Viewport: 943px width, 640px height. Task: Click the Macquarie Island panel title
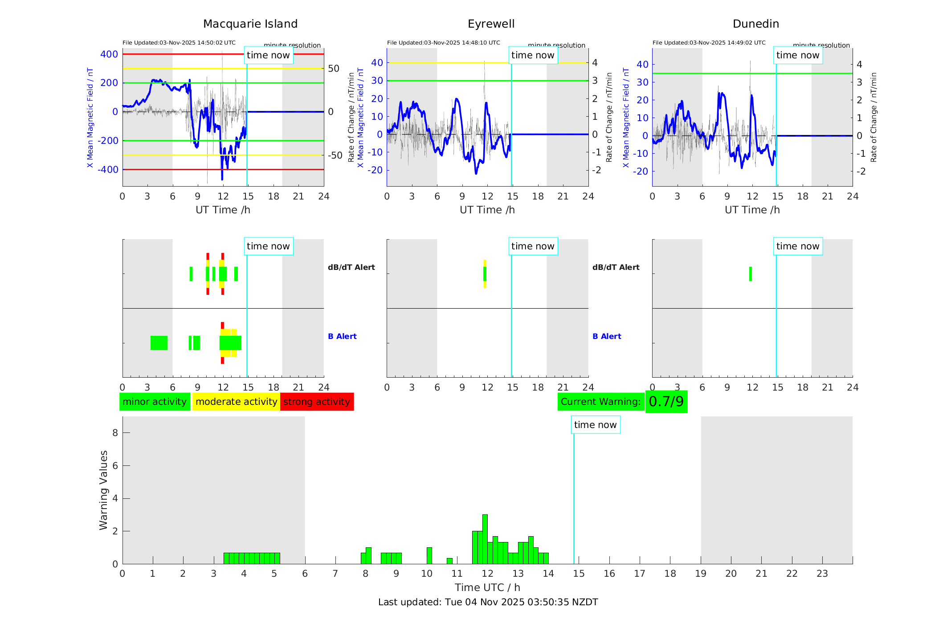click(250, 24)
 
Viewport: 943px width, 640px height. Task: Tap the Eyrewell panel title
click(491, 24)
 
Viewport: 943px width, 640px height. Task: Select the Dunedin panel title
click(755, 24)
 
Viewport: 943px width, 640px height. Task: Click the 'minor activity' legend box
click(155, 402)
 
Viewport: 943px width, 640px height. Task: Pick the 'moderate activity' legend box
click(236, 402)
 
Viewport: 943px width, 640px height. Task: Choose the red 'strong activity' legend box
click(317, 402)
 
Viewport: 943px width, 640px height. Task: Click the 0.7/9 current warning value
click(666, 402)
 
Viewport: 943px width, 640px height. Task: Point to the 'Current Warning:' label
click(600, 402)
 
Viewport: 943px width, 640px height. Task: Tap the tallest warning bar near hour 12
click(485, 539)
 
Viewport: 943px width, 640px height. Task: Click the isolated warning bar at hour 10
click(429, 556)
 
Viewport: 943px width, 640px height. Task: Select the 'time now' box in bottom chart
click(595, 425)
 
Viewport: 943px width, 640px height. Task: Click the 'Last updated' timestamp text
click(488, 602)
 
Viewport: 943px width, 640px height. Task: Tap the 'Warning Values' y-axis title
click(103, 490)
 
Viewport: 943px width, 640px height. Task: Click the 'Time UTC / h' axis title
click(487, 587)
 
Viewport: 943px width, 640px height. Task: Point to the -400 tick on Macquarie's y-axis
click(109, 170)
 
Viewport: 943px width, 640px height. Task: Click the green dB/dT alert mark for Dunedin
click(751, 274)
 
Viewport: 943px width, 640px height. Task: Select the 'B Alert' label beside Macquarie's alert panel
click(342, 336)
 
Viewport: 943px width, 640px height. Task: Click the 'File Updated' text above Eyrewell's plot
click(443, 43)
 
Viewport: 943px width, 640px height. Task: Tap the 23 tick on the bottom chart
click(822, 574)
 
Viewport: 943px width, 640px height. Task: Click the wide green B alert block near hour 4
click(159, 343)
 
